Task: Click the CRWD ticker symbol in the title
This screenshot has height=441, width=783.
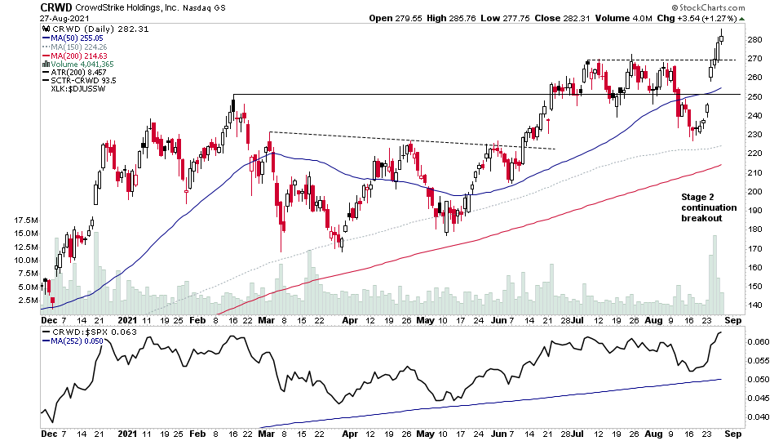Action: [55, 7]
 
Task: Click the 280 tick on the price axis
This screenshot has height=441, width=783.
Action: [754, 39]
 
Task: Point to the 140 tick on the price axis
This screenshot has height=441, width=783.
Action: [754, 305]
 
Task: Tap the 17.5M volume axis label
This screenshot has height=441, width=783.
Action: [24, 220]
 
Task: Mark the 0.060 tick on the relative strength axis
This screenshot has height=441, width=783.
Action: [758, 341]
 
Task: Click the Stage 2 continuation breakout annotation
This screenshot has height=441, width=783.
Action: [708, 207]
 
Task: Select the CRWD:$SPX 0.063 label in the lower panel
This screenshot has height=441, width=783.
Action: [83, 332]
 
